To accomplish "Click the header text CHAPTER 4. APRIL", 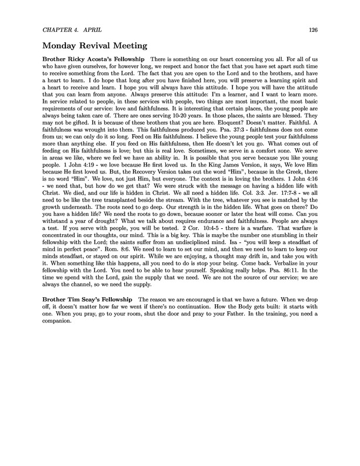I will click(70, 29).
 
